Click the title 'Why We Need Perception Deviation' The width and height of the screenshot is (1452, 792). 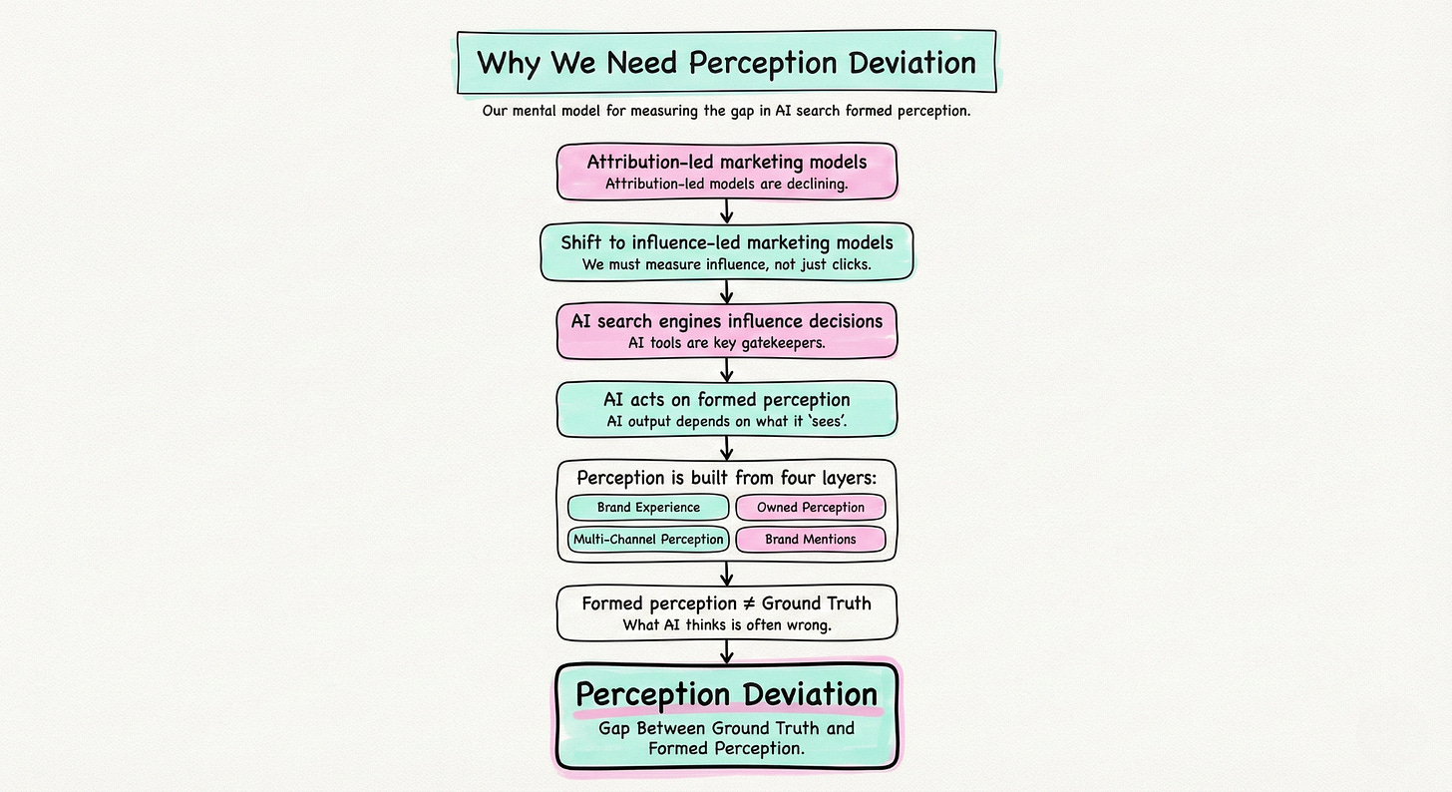725,63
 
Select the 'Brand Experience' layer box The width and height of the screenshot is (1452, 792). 648,508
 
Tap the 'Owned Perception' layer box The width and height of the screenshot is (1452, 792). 810,508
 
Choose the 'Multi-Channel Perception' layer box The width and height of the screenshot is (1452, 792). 648,540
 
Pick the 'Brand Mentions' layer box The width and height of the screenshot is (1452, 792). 810,540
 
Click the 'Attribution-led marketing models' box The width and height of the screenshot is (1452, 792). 726,172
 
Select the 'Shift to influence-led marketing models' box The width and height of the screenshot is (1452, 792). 726,251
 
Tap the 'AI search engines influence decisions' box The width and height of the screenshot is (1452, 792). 726,331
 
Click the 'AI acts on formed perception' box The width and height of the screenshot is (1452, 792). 726,409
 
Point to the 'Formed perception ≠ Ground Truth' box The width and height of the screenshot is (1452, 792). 726,613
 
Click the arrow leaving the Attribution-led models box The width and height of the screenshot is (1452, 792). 727,210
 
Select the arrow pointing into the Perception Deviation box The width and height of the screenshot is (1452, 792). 727,651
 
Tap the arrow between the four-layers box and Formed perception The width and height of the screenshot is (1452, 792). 727,574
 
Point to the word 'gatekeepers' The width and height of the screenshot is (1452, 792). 791,342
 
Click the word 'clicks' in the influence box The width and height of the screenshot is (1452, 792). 846,264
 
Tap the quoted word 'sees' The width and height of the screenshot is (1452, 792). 823,421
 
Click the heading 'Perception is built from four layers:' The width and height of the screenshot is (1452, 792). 726,477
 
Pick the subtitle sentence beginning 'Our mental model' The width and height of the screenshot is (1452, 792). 726,111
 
